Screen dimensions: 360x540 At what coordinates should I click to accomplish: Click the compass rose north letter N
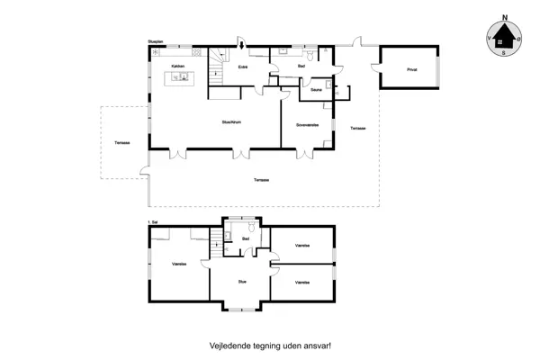tap(505, 17)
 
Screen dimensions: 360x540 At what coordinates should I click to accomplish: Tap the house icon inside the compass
tap(505, 39)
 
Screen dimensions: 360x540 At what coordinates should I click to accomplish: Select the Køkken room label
tap(177, 66)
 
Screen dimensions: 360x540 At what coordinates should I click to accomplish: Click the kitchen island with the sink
tap(181, 78)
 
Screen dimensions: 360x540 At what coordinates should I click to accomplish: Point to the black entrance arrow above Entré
tap(240, 44)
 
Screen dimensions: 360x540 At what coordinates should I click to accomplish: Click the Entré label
tap(243, 67)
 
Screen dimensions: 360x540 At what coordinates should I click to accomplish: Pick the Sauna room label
tap(316, 90)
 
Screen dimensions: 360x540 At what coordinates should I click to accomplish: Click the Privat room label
tap(411, 68)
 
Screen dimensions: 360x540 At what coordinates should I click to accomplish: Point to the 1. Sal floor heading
tap(153, 220)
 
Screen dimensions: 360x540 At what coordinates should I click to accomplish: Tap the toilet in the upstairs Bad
tap(230, 236)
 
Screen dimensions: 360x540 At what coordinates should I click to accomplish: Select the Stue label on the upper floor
tap(242, 282)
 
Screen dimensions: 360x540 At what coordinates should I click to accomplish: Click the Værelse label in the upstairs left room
tap(179, 264)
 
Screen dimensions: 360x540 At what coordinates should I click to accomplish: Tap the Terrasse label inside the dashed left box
tap(120, 143)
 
